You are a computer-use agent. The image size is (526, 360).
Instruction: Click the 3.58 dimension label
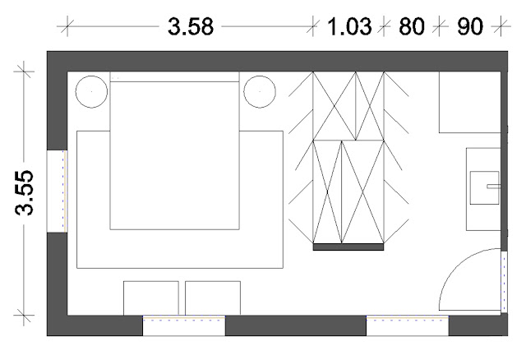click(191, 26)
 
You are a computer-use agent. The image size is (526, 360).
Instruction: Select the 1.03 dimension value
click(349, 26)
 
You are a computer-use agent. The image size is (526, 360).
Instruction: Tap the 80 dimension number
click(412, 26)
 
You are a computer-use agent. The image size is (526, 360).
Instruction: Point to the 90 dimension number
click(470, 26)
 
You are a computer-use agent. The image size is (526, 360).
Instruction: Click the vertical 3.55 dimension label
click(24, 192)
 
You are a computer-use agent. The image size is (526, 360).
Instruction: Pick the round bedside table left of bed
click(91, 91)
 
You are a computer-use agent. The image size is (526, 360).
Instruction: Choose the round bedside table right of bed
click(260, 91)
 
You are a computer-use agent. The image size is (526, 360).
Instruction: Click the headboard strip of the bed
click(175, 76)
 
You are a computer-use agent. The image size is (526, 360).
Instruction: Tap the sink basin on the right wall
click(484, 187)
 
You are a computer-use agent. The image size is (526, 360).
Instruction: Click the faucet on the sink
click(494, 187)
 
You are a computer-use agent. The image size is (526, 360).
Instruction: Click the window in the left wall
click(57, 191)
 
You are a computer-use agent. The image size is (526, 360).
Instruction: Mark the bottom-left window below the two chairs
click(184, 325)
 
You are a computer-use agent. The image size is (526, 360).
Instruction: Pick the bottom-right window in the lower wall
click(408, 325)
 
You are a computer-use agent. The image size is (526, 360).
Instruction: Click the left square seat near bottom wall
click(151, 298)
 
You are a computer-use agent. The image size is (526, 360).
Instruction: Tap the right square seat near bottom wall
click(213, 298)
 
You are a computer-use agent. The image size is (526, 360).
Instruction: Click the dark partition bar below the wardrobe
click(348, 247)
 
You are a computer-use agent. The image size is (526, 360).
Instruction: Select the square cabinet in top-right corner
click(470, 102)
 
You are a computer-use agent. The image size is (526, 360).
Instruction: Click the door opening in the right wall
click(504, 282)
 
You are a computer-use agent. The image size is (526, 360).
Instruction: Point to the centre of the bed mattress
click(175, 155)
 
